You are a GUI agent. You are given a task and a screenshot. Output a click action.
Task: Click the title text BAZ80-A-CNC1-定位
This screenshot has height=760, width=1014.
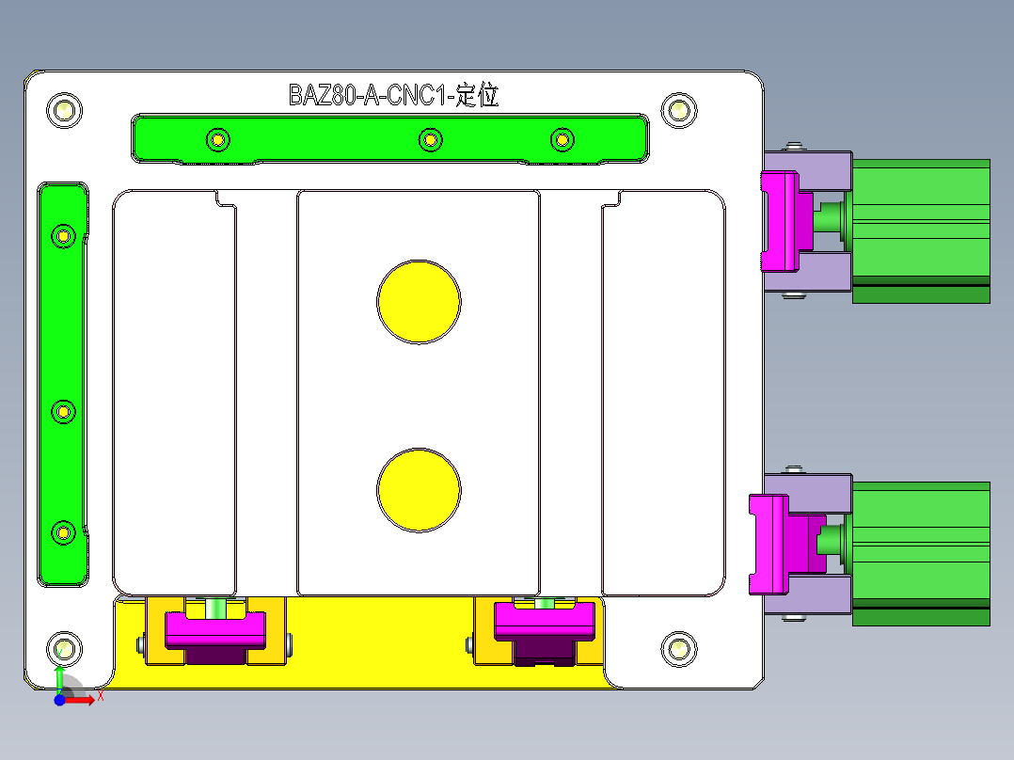[x=392, y=95]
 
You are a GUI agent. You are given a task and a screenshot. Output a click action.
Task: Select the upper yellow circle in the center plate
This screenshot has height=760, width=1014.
[x=419, y=302]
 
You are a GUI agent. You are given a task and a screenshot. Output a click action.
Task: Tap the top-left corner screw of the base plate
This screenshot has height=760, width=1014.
[x=64, y=110]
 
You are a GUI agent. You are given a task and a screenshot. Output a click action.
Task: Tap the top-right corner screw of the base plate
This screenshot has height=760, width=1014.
[x=678, y=110]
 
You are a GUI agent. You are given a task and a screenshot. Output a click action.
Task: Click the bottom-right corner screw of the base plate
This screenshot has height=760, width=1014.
[x=678, y=648]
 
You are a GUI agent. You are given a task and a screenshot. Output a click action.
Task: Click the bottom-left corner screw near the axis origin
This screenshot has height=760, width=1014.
[x=64, y=648]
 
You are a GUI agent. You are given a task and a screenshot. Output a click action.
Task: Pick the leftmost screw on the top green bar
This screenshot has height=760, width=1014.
[x=217, y=140]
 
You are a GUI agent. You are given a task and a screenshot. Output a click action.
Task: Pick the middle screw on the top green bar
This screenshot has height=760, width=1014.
[x=430, y=140]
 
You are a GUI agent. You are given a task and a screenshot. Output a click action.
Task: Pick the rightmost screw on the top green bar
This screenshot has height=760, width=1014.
[x=562, y=140]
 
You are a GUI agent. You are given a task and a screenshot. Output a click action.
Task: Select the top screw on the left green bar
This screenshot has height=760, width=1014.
[x=63, y=234]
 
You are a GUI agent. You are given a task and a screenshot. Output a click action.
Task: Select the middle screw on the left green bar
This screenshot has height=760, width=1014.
[x=63, y=411]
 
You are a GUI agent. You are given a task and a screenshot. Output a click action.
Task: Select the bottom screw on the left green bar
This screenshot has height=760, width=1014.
[x=63, y=532]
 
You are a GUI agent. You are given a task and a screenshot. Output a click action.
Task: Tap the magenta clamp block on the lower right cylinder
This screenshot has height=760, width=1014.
[x=769, y=545]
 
